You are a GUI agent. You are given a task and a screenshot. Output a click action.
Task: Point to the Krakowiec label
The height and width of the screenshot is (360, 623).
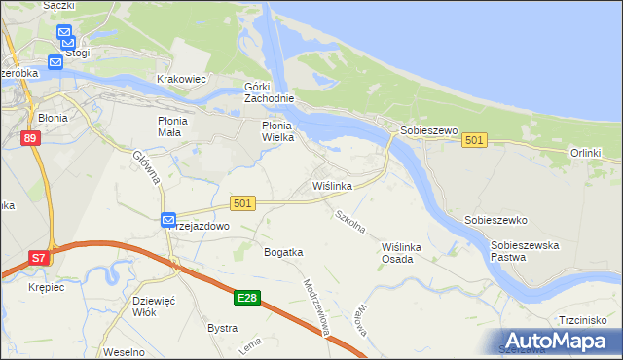coord(182,79)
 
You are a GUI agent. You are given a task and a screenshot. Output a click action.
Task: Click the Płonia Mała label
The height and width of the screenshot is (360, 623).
coord(178,126)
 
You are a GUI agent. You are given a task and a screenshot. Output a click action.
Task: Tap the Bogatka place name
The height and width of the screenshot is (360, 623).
coord(283,252)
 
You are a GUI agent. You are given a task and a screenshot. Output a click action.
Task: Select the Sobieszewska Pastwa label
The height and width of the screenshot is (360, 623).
coord(526,252)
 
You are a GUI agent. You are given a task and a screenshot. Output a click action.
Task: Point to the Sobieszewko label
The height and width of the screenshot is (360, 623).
coord(495,220)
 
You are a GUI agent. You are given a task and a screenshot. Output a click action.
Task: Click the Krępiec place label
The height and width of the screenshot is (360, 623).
coord(20,289)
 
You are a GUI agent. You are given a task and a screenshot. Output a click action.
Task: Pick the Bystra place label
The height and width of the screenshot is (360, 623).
coord(222,328)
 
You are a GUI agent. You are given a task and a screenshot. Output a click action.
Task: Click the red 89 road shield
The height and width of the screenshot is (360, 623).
coord(30,140)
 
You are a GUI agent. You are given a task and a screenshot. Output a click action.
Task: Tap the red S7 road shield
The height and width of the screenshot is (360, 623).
coord(38,258)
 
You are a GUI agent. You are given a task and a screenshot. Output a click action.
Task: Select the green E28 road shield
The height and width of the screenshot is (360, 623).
coord(247,298)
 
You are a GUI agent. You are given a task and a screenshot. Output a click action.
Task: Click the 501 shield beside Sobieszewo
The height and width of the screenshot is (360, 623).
coord(474,141)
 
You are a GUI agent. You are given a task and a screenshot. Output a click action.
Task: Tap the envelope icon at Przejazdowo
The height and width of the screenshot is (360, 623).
coord(167,220)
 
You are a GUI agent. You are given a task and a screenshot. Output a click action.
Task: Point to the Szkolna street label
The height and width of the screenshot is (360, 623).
coord(349,222)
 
